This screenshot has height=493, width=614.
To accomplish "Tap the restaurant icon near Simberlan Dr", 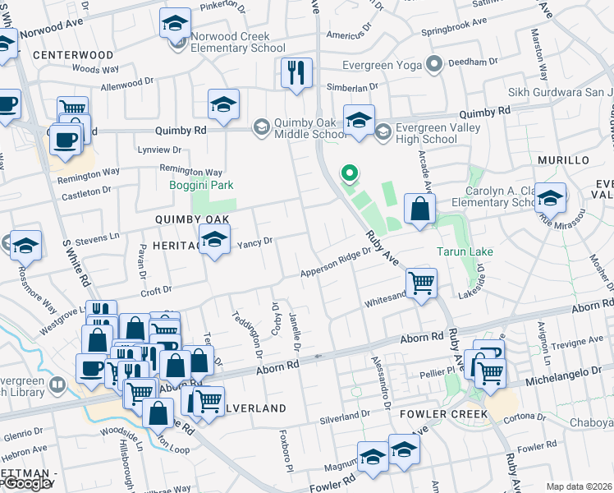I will pyautogui.click(x=296, y=71).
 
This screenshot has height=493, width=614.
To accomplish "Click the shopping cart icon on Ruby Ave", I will pyautogui.click(x=421, y=283).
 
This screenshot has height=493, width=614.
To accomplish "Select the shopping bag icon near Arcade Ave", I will pyautogui.click(x=419, y=210).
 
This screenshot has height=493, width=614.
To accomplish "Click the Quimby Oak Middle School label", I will pyautogui.click(x=307, y=128).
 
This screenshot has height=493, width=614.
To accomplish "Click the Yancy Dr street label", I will pyautogui.click(x=254, y=242).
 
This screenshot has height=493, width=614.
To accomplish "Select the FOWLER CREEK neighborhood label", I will pyautogui.click(x=444, y=412).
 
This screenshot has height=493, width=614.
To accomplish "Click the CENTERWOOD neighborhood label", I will pyautogui.click(x=74, y=55).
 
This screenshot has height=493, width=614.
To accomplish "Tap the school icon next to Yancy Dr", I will pyautogui.click(x=214, y=242).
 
